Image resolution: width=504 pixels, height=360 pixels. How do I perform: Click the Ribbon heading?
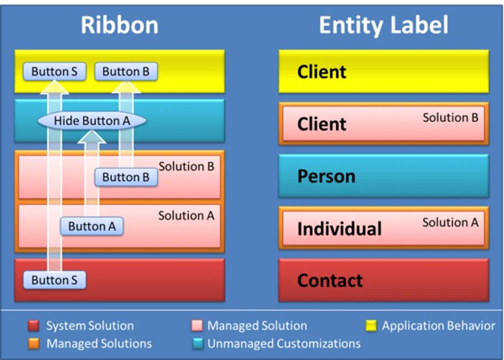coord(119,25)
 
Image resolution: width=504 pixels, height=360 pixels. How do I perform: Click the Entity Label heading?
coord(383,25)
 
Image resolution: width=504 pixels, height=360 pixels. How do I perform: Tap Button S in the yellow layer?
coord(54,71)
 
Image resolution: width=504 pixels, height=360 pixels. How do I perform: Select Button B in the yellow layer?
coord(126,71)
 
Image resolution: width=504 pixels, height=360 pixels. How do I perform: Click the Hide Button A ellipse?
coord(92,121)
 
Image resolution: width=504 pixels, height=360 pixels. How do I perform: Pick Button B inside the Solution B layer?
coord(126,177)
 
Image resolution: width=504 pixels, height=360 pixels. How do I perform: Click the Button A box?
coord(92,226)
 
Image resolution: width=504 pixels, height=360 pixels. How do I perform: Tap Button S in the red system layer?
coord(54,279)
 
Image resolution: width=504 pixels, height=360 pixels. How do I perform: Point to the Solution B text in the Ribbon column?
coord(186,167)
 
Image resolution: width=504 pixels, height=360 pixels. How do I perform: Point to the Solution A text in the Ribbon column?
coord(186,215)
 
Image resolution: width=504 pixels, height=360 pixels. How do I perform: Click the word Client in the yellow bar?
coord(322,72)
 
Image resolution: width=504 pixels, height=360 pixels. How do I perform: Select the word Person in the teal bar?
coord(326,176)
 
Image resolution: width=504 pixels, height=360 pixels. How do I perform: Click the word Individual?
coord(339,229)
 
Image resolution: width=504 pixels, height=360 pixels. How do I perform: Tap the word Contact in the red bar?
coord(330,280)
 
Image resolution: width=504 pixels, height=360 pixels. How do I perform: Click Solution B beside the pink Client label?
coord(450,117)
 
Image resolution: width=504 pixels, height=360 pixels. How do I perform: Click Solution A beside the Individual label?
coord(450,222)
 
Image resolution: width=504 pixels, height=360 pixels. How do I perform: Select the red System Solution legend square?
coord(34,326)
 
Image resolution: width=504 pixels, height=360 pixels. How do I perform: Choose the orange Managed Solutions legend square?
coord(34,343)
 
